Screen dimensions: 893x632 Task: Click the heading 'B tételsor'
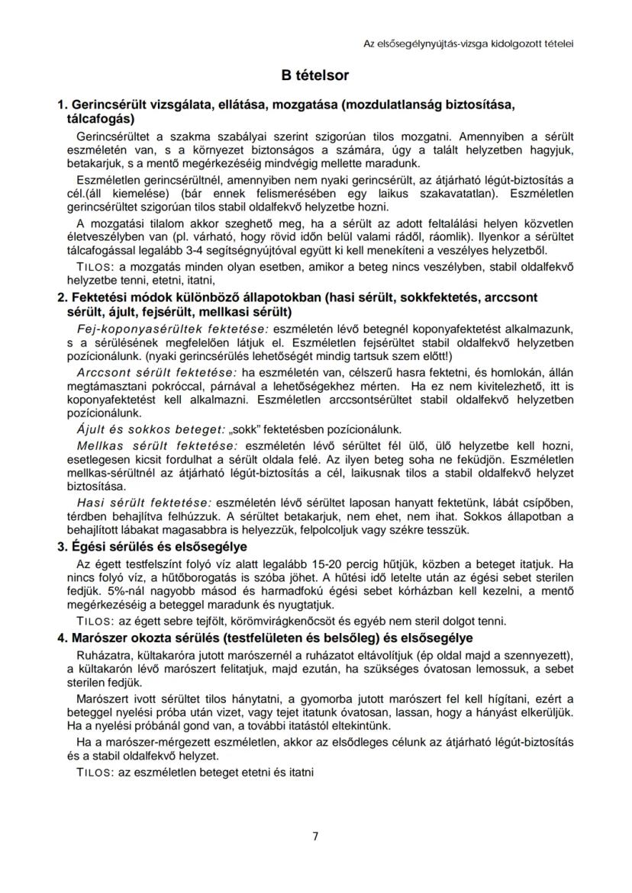[315, 75]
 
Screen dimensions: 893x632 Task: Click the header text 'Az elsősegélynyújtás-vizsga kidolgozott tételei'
[468, 43]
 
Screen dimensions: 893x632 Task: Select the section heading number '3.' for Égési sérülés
[63, 547]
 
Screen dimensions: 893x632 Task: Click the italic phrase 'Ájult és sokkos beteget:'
[140, 429]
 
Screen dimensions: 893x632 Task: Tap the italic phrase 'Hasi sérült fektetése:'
[144, 503]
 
